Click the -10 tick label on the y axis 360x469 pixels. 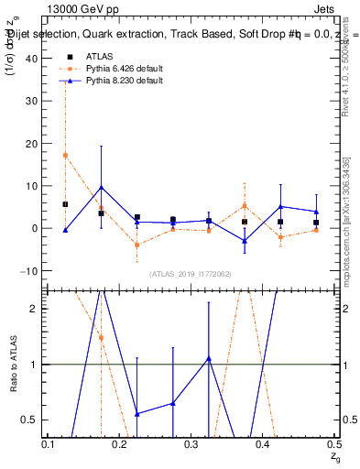[x=31, y=271]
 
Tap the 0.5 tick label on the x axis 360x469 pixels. [x=334, y=444]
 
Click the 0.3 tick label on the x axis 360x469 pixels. [x=191, y=444]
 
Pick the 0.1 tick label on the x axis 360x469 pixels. [x=49, y=444]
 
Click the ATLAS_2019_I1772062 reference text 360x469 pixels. [x=191, y=274]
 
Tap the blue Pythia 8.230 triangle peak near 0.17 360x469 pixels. [x=101, y=187]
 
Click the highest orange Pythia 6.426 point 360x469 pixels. [x=65, y=155]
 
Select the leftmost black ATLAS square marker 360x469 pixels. [x=65, y=204]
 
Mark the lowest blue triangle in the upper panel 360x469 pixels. [x=245, y=241]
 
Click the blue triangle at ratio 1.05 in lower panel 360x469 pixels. [x=209, y=358]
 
